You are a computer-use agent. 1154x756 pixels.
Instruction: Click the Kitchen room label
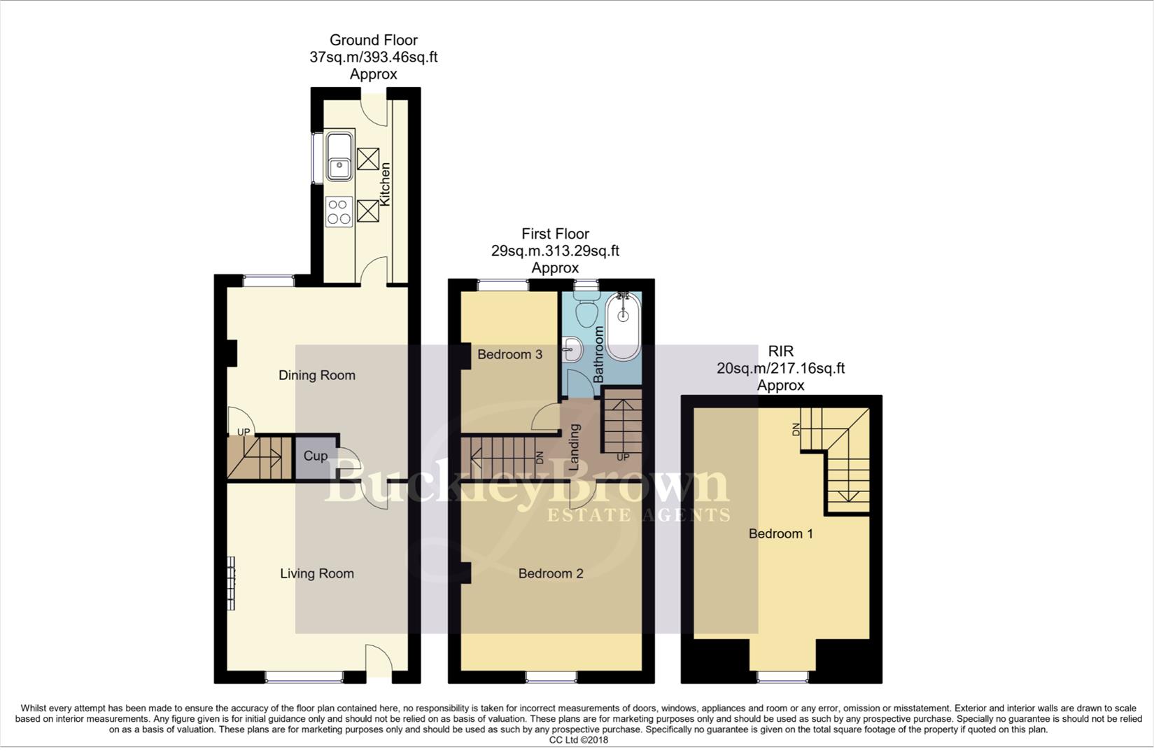point(385,184)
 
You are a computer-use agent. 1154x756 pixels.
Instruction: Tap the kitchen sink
point(339,156)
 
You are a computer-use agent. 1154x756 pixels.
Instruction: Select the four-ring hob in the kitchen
point(339,212)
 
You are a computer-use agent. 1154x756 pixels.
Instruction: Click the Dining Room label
point(316,375)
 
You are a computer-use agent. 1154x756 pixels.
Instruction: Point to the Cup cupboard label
point(315,456)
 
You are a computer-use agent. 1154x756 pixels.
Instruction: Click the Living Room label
point(316,573)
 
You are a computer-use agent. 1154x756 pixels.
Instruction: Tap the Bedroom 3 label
point(509,354)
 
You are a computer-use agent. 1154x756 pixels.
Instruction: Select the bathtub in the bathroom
point(623,326)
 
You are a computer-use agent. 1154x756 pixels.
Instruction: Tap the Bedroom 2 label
point(550,573)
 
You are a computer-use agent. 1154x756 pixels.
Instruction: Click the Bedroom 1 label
point(780,533)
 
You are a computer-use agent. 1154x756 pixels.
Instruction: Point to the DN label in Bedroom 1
point(796,430)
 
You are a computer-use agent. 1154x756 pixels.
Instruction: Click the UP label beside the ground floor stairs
point(243,432)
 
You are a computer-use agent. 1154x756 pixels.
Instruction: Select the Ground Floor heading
point(373,41)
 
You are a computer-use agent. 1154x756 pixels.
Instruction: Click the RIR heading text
point(780,351)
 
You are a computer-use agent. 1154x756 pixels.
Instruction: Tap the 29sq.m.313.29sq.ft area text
point(555,251)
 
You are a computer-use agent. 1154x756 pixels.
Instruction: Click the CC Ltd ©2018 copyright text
point(578,740)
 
